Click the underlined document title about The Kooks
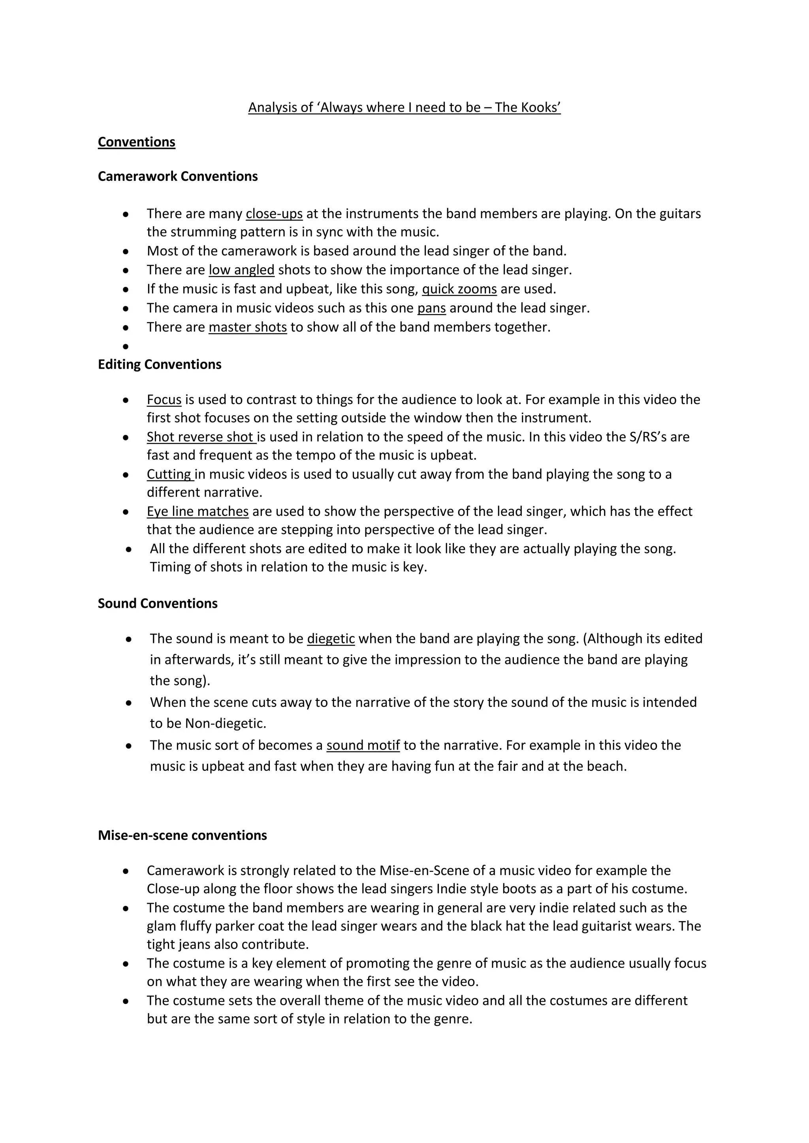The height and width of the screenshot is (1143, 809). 404,107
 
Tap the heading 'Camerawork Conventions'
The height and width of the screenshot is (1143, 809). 177,176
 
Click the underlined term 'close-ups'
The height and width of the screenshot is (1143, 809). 274,214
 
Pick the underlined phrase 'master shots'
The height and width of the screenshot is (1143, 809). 248,327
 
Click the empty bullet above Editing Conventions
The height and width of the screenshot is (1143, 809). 126,346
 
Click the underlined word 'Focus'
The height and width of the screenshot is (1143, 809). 164,399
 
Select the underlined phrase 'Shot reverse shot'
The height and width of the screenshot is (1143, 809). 200,437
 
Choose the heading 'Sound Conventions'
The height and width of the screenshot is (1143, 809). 158,603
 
